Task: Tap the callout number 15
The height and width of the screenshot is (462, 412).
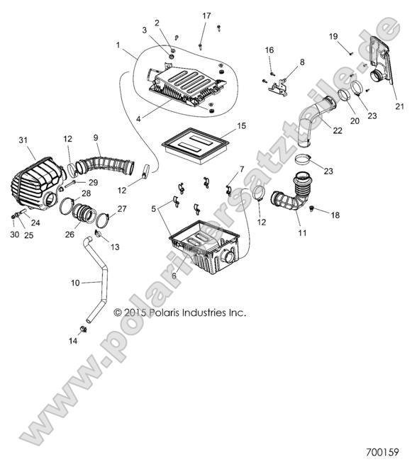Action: click(241, 125)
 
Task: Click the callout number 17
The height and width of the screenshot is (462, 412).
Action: click(206, 16)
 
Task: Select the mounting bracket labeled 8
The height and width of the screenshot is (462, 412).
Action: click(279, 85)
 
